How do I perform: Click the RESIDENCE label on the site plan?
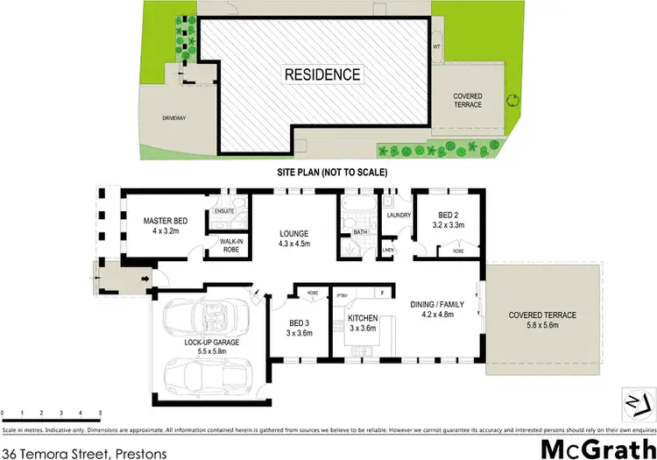[322, 74]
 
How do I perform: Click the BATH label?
[359, 232]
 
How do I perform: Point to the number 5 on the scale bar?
[100, 411]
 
